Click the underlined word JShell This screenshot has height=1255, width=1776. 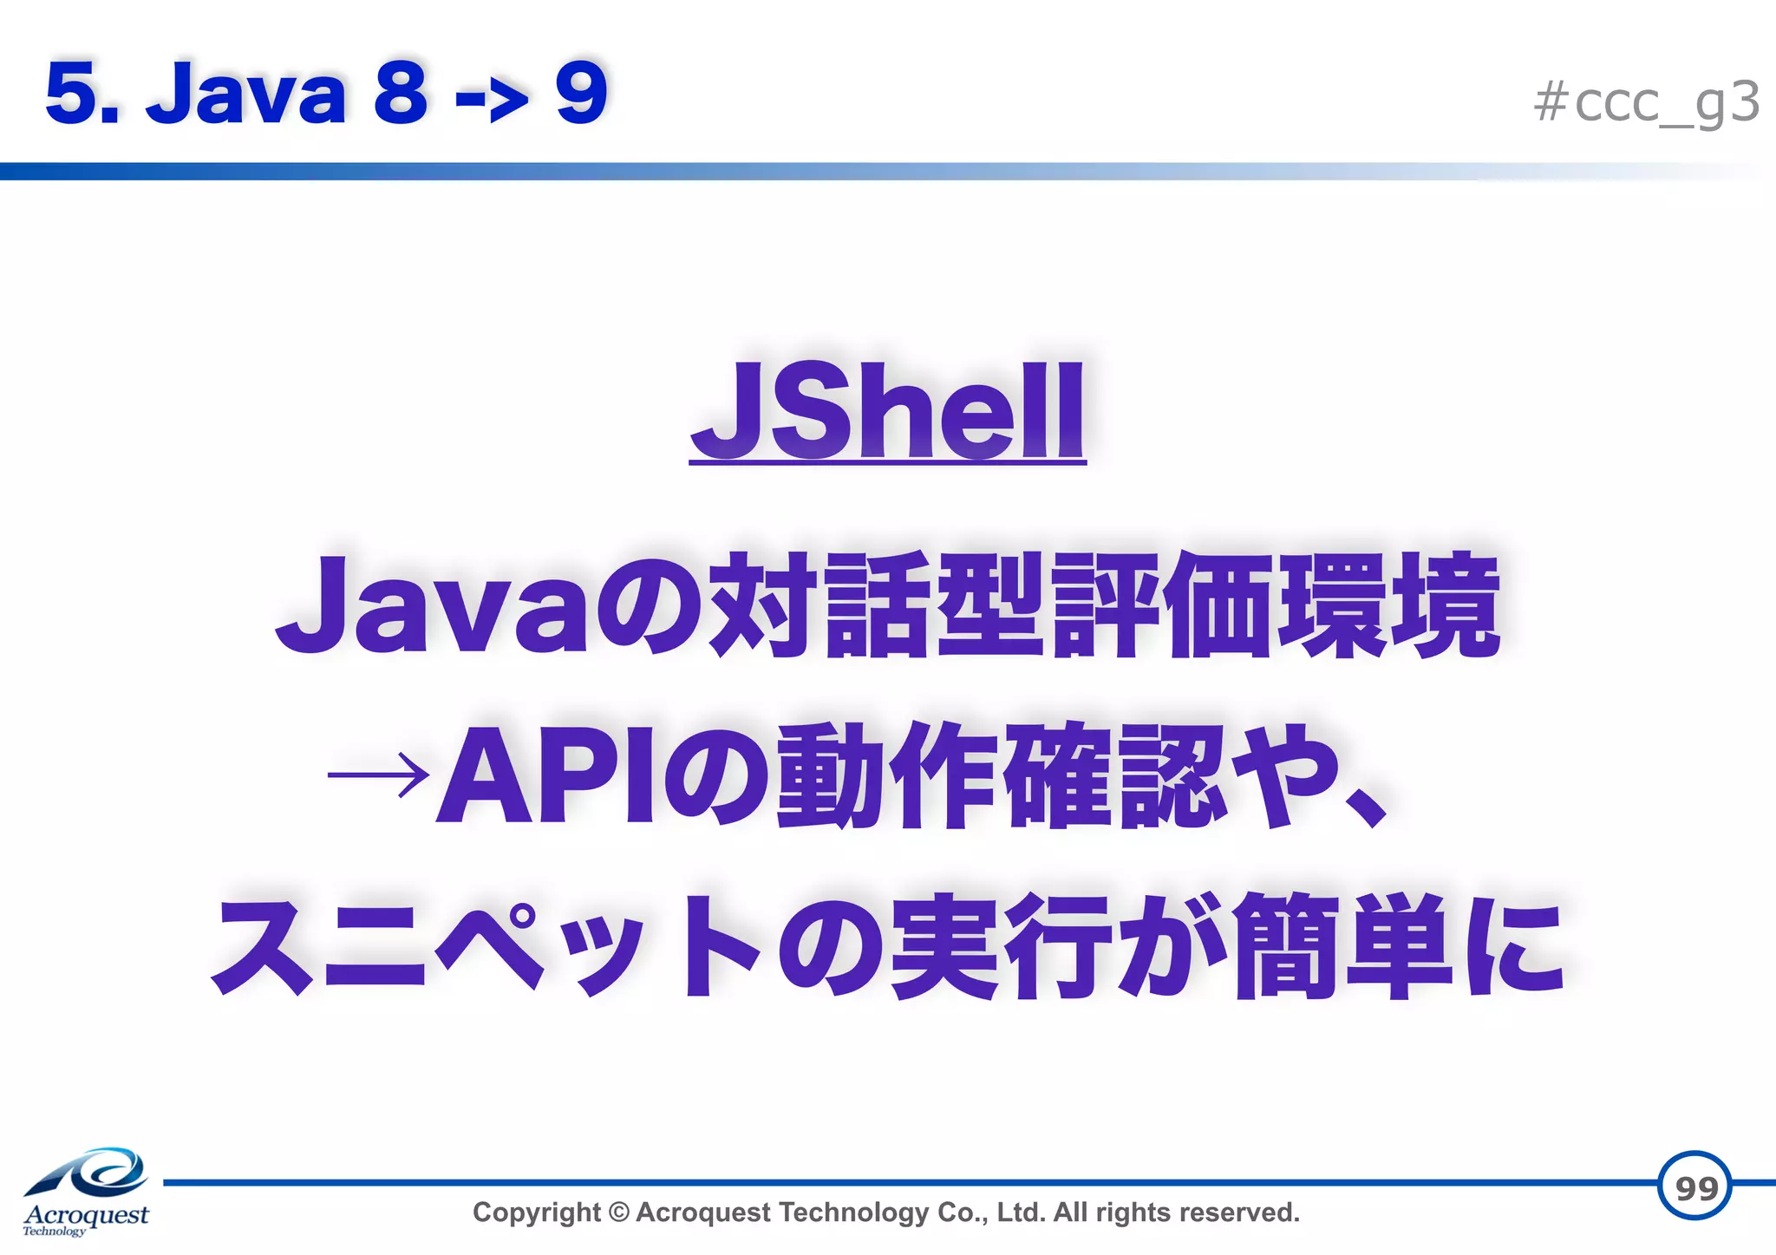pyautogui.click(x=887, y=412)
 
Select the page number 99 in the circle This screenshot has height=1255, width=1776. pyautogui.click(x=1695, y=1187)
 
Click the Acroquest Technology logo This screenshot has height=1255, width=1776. pyautogui.click(x=86, y=1192)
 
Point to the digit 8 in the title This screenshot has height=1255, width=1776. pyautogui.click(x=401, y=93)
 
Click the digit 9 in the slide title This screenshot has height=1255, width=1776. pyautogui.click(x=581, y=93)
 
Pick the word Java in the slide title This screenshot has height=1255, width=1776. pyautogui.click(x=246, y=94)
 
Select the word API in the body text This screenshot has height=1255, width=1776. pyautogui.click(x=546, y=775)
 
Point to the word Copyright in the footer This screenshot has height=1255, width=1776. pyautogui.click(x=536, y=1213)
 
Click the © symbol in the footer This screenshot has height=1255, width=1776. pyautogui.click(x=618, y=1213)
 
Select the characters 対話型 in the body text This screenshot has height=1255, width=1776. pyautogui.click(x=876, y=605)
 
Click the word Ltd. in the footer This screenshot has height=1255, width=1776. pyautogui.click(x=1021, y=1213)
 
